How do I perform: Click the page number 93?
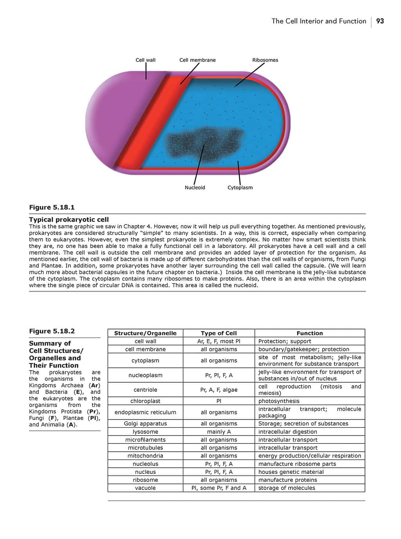[x=380, y=21]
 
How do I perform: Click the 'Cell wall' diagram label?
[x=145, y=60]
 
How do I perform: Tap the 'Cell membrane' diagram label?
[x=197, y=60]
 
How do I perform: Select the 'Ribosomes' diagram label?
[x=265, y=60]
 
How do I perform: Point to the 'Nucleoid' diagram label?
[x=195, y=188]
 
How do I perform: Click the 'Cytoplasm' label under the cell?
[x=240, y=188]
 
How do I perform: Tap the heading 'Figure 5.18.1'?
[x=52, y=207]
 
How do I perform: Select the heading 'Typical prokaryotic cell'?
[x=69, y=219]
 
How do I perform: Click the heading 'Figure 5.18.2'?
[x=52, y=331]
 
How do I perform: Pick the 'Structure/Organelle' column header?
[x=145, y=333]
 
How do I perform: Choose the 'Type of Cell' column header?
[x=219, y=333]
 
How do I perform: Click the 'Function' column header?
[x=309, y=333]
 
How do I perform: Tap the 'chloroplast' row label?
[x=145, y=401]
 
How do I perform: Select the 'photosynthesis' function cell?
[x=279, y=401]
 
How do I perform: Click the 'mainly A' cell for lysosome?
[x=219, y=432]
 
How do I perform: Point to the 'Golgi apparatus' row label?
[x=145, y=423]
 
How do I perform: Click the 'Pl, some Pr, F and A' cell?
[x=219, y=488]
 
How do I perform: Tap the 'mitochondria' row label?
[x=145, y=456]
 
